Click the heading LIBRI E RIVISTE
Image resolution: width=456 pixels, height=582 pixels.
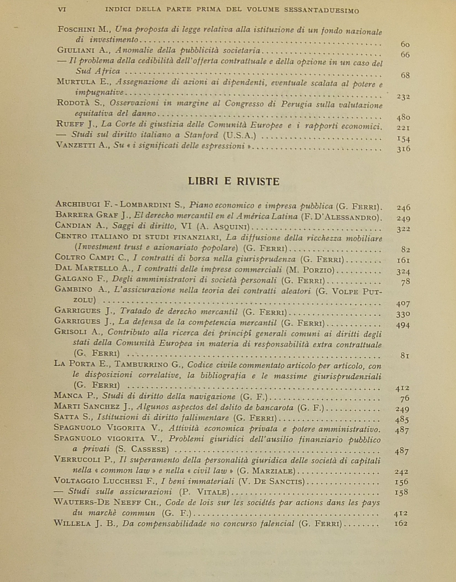234,181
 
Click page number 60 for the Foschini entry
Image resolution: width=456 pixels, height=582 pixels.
405,44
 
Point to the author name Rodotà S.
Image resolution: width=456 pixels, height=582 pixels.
79,103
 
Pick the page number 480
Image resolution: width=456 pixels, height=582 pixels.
403,117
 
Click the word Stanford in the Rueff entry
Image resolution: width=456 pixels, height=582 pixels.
201,135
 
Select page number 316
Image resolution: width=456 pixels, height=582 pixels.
403,149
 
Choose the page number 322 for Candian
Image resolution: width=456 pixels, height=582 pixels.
403,229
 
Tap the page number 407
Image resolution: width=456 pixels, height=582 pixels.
403,304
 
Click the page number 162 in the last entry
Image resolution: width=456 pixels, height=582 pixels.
401,523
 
